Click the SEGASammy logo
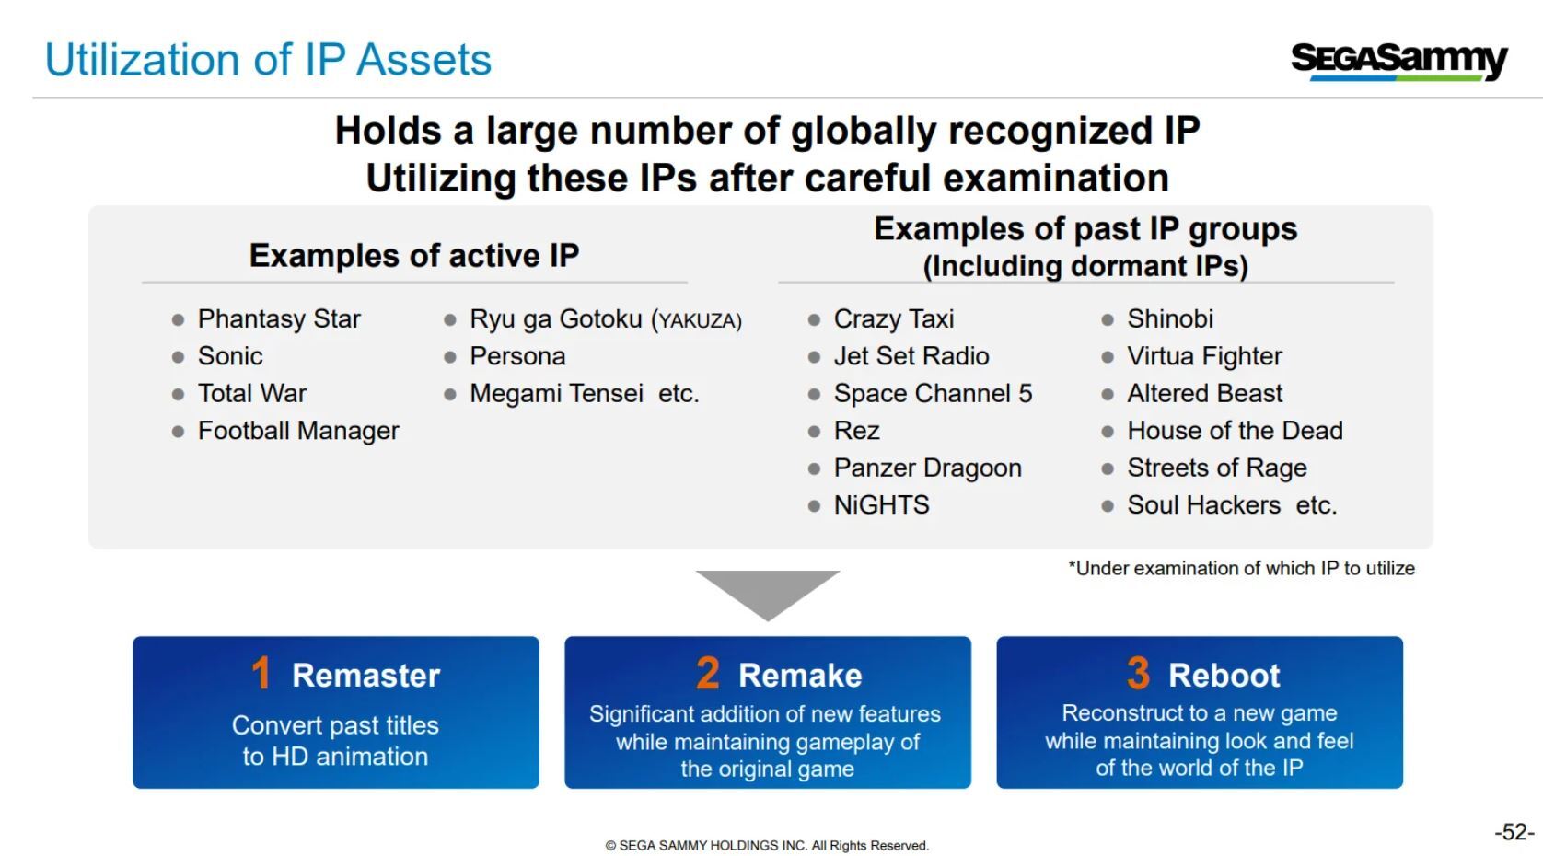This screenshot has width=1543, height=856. point(1399,62)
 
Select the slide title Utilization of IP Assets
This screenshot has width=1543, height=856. point(268,60)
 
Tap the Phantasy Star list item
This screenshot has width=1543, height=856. point(279,319)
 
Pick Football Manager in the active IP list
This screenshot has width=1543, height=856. point(298,431)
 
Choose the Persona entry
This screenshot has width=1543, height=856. point(517,357)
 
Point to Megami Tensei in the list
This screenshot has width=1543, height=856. point(557,394)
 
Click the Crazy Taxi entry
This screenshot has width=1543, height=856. point(893,319)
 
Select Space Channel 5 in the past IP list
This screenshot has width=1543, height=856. point(933,394)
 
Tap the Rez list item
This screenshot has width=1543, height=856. point(856,431)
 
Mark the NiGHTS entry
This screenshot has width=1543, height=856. point(881,505)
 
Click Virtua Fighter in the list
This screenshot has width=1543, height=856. point(1204,357)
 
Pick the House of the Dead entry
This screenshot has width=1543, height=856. point(1236,431)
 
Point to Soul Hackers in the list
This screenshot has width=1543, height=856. point(1203,505)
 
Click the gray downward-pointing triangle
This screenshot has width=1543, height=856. point(768,591)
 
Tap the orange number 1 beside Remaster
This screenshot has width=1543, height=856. point(261,673)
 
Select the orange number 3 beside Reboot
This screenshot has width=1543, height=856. point(1138,673)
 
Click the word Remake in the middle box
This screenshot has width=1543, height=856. point(800,676)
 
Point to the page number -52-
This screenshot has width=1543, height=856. point(1514,832)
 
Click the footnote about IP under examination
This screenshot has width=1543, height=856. point(1241,568)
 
